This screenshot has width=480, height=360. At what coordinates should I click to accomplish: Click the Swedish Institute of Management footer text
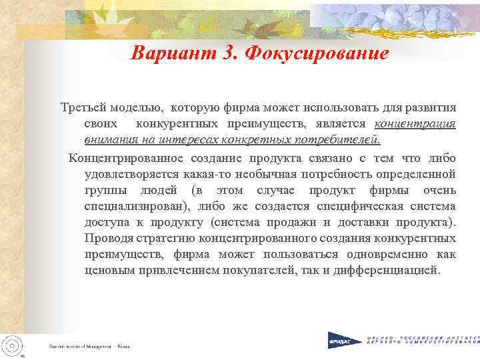click(x=89, y=347)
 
